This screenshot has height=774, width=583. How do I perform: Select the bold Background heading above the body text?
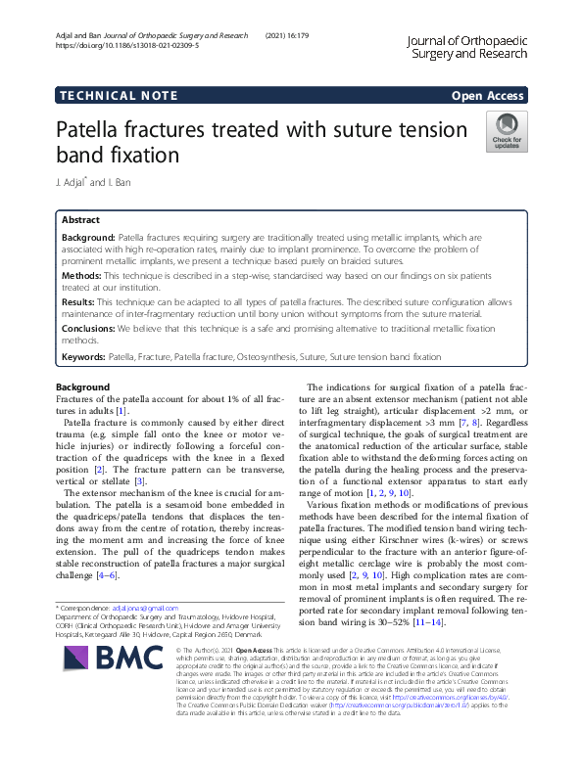click(83, 388)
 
